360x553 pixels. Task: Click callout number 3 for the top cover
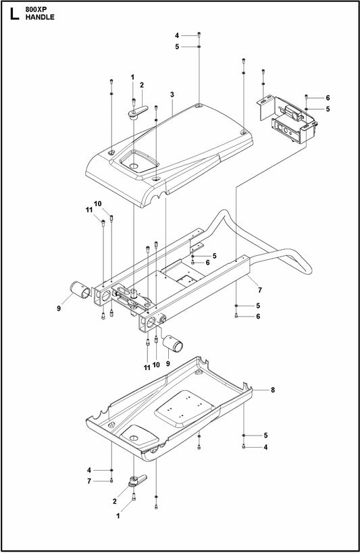[172, 95]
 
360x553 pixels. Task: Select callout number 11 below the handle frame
[147, 367]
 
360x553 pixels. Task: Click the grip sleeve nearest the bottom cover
[177, 344]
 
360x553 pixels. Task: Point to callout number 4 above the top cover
[176, 35]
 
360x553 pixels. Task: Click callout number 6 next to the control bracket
[328, 98]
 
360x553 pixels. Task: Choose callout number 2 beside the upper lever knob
[142, 85]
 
